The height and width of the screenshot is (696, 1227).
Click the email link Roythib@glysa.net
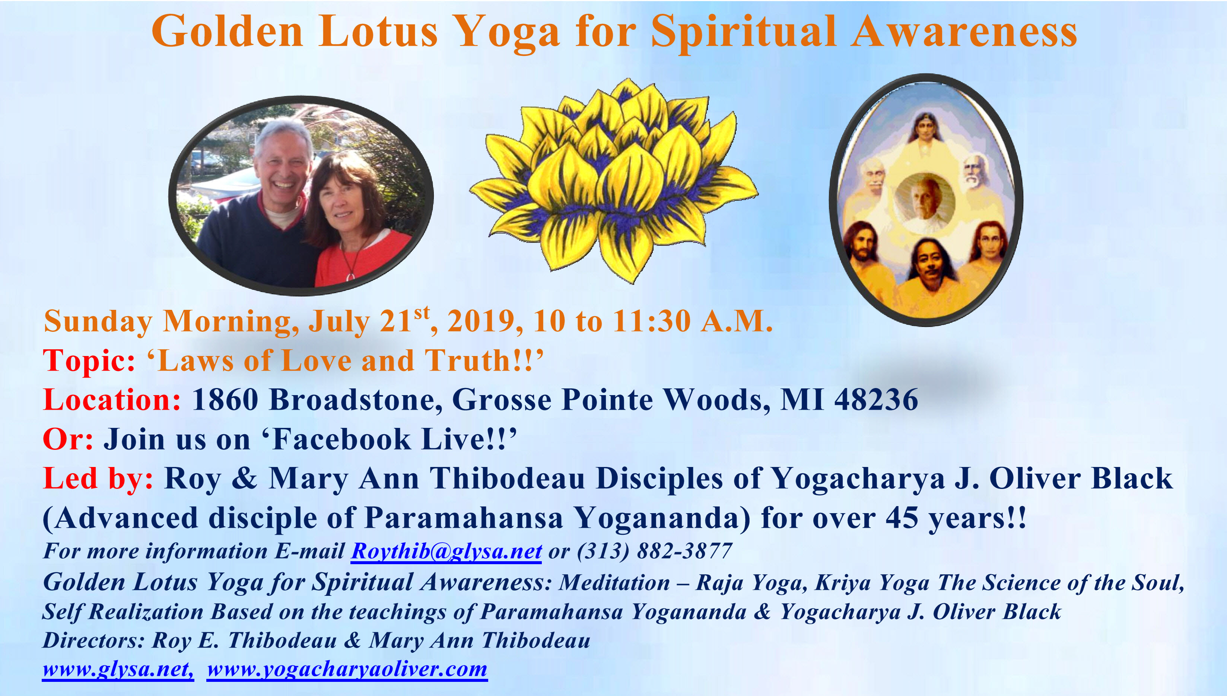446,551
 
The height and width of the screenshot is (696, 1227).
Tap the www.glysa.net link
118,669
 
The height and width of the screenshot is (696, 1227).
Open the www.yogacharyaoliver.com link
347,669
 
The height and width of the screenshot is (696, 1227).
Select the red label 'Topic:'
89,361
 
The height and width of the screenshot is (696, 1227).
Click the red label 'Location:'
112,400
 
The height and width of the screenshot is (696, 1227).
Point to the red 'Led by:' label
98,479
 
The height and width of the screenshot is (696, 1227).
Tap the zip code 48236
876,400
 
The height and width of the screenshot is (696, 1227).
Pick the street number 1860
225,400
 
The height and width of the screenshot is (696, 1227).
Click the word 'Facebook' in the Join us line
342,439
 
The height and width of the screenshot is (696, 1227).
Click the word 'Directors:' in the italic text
93,641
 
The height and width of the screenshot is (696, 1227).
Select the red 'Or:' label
68,439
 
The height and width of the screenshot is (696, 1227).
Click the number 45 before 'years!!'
901,518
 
